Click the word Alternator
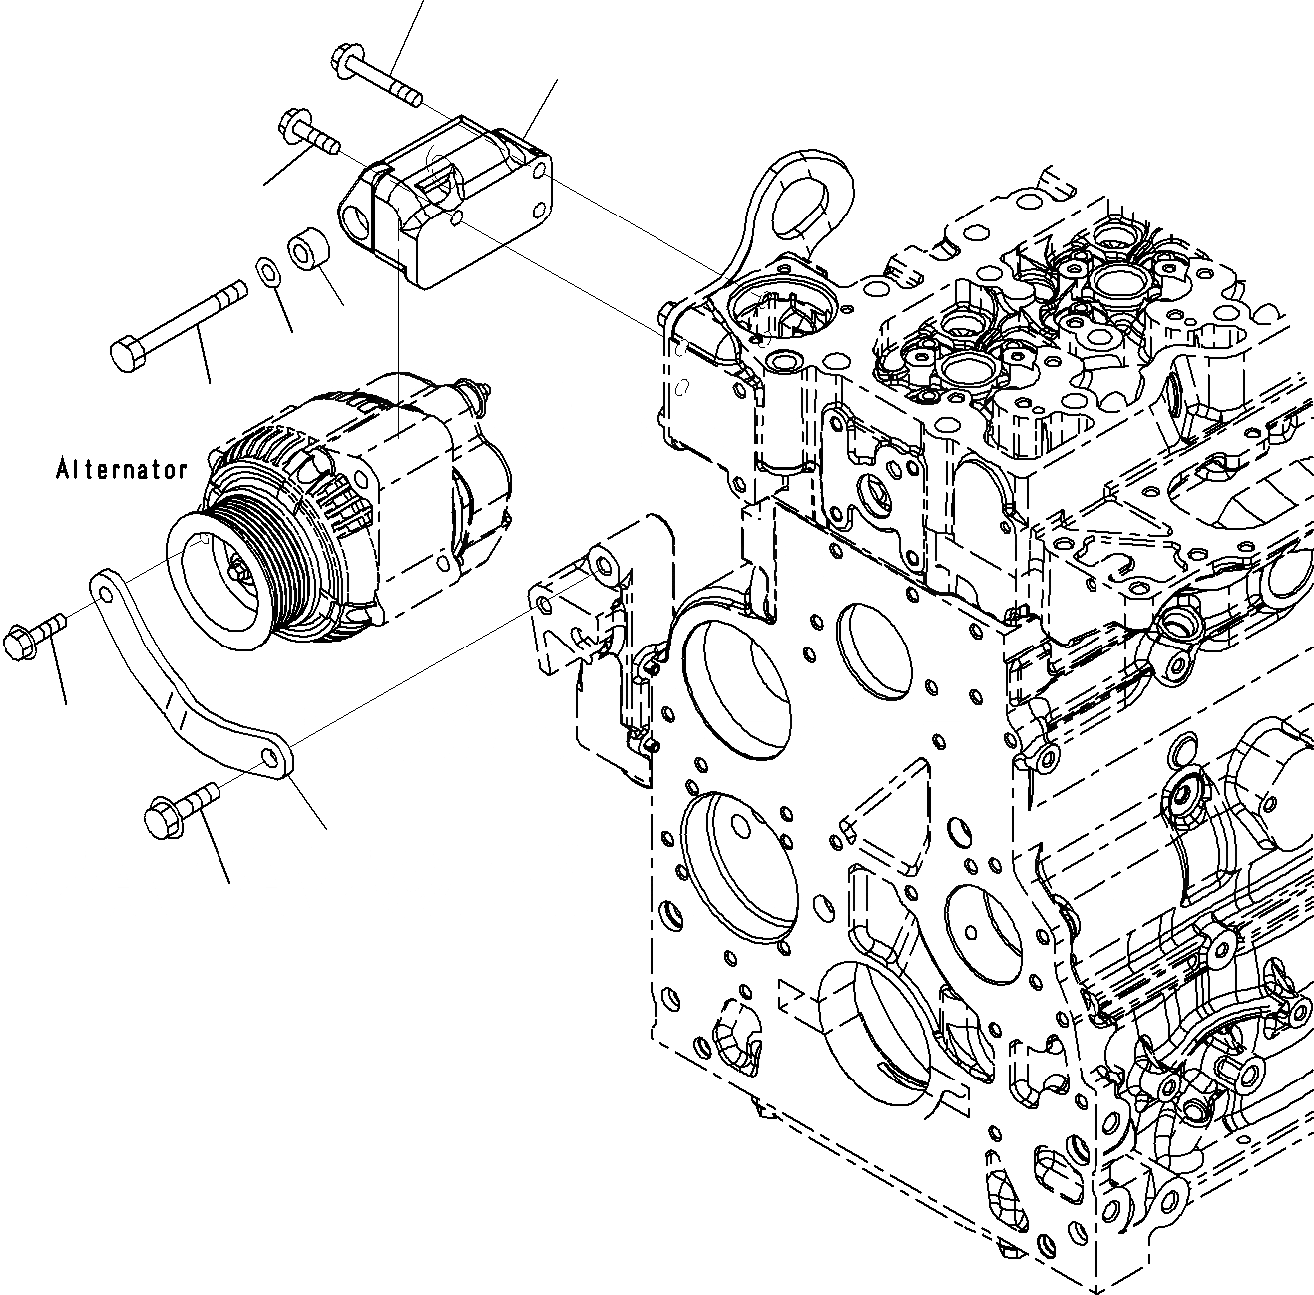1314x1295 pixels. [x=122, y=469]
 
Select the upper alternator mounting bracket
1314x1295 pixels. [x=449, y=205]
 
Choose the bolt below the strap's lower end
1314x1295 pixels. [x=180, y=810]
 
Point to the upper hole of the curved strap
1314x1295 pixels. [x=102, y=591]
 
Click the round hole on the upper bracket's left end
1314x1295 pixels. [x=354, y=212]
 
